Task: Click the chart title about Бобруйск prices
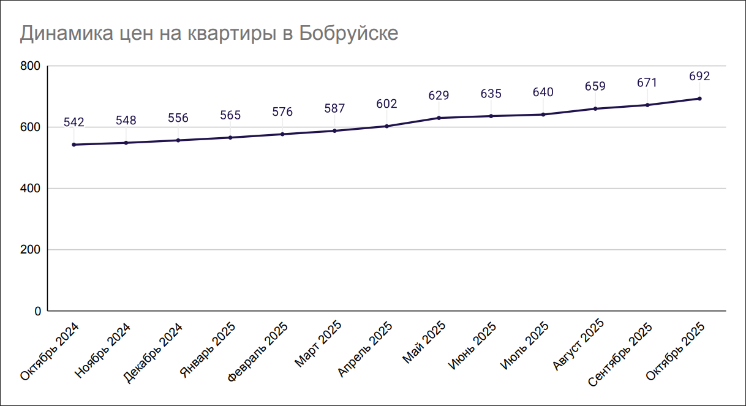coord(209,33)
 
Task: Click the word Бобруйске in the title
coord(349,33)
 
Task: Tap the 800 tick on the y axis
coord(30,66)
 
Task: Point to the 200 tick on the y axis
coord(30,250)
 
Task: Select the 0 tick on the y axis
coord(37,311)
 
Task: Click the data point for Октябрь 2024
coord(73,145)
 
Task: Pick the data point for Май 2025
coord(439,118)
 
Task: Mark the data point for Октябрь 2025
coord(699,99)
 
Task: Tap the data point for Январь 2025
coord(230,137)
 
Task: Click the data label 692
coord(699,77)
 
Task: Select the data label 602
coord(386,104)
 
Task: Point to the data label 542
coord(73,122)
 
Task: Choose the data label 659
coord(595,86)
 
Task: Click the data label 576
coord(282,112)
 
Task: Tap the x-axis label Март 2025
coord(318,344)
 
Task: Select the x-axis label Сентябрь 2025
coord(619,355)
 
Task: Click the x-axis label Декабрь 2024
coord(153,352)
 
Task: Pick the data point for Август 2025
coord(595,108)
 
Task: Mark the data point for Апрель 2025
coord(386,126)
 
